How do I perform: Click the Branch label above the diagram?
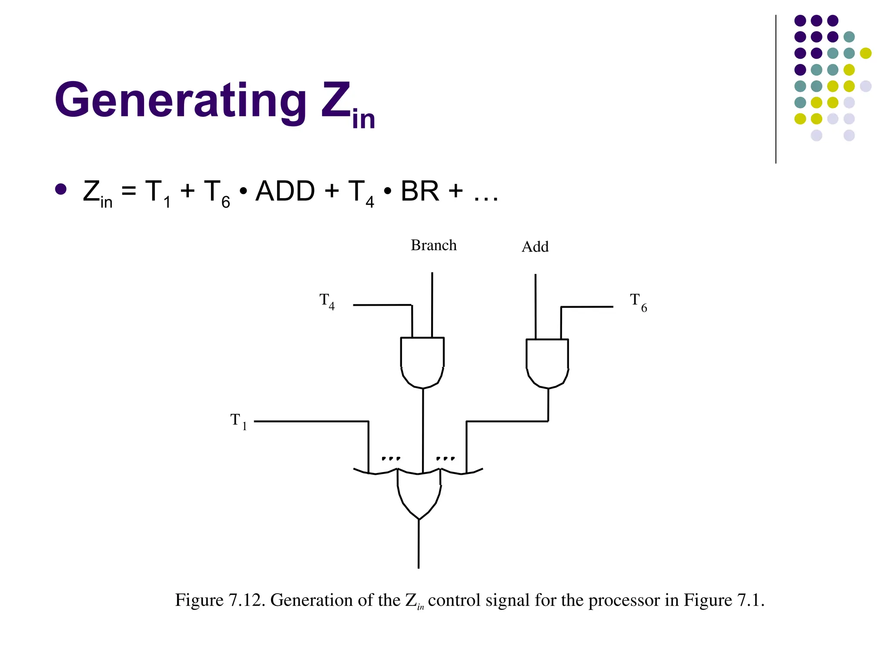click(x=433, y=245)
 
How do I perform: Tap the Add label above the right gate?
click(x=535, y=247)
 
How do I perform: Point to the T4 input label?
click(x=327, y=301)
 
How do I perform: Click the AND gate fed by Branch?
click(x=422, y=362)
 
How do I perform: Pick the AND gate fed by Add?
click(x=547, y=362)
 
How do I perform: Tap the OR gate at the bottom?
click(x=419, y=494)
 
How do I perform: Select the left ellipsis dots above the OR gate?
click(x=391, y=458)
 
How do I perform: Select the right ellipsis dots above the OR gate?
click(x=445, y=458)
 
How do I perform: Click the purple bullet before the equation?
click(x=61, y=189)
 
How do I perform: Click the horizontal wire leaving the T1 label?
click(x=311, y=422)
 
